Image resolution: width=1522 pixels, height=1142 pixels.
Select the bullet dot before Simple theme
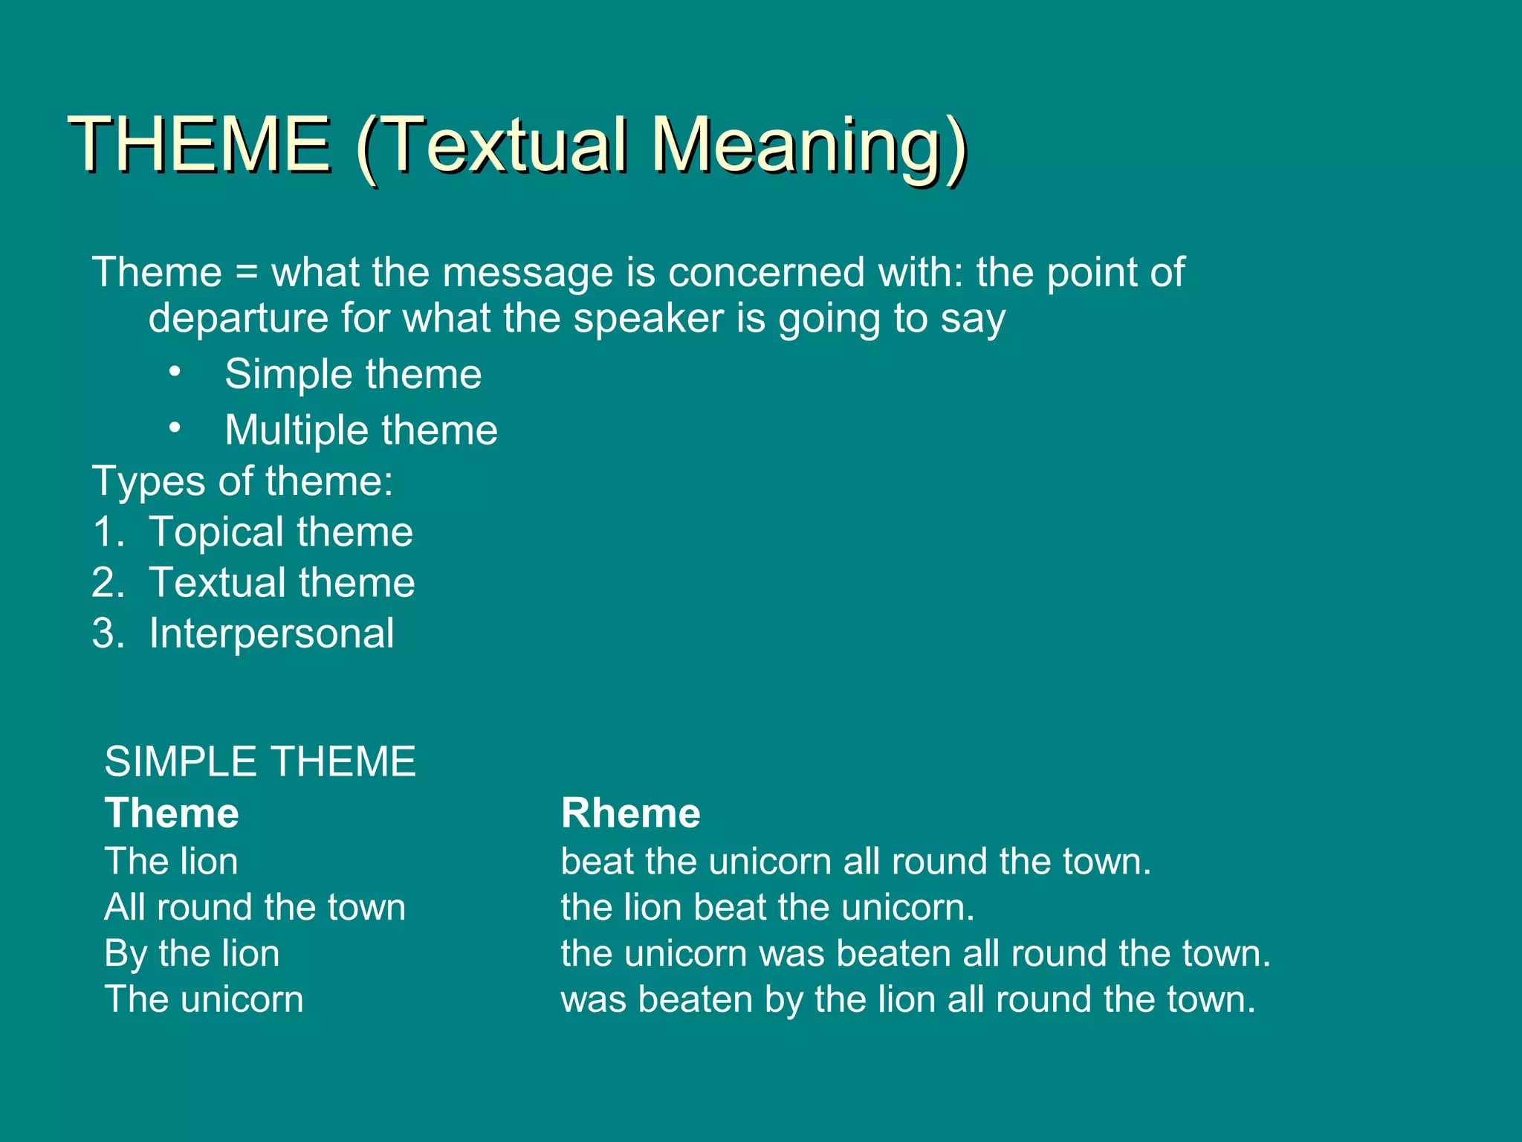click(175, 371)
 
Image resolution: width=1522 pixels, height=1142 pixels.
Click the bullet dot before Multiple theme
click(175, 428)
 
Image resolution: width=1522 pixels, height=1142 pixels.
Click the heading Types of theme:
click(242, 481)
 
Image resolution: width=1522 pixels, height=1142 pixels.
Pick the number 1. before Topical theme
click(109, 532)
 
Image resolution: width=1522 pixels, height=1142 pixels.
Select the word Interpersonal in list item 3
click(271, 634)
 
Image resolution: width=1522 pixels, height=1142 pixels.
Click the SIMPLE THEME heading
click(260, 762)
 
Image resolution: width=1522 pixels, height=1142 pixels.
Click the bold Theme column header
click(172, 813)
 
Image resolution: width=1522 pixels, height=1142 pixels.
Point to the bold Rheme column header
click(630, 813)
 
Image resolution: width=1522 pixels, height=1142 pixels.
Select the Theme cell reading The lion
click(172, 862)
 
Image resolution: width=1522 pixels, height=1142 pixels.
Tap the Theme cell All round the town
click(255, 908)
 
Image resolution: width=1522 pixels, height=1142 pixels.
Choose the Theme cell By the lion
click(192, 954)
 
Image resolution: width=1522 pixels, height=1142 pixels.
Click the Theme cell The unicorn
click(204, 999)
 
